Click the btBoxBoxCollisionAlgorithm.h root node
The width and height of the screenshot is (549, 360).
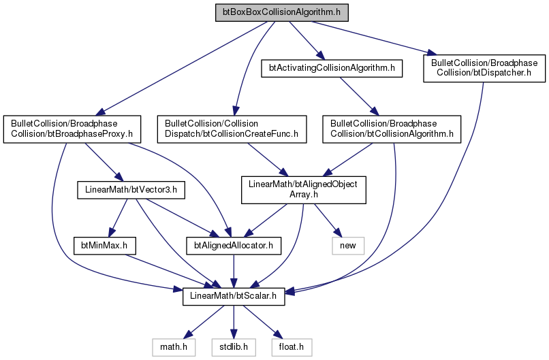[x=282, y=13]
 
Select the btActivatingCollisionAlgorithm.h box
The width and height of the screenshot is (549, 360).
[x=332, y=68]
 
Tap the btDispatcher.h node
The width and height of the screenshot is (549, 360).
[x=484, y=68]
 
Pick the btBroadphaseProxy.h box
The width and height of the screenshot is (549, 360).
[x=72, y=129]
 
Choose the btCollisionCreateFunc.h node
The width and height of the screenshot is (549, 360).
[x=232, y=129]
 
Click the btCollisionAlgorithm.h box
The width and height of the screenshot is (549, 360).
[x=392, y=129]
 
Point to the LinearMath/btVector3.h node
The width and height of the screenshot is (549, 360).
[x=131, y=190]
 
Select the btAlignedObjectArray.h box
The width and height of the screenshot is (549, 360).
[x=304, y=190]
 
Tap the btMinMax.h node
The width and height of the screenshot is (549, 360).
[x=105, y=246]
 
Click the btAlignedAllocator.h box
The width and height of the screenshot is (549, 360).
[x=234, y=246]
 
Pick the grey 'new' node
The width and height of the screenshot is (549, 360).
[x=348, y=246]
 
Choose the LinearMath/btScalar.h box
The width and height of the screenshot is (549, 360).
[x=234, y=296]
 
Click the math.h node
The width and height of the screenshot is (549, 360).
[x=174, y=347]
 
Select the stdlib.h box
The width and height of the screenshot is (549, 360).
[x=234, y=347]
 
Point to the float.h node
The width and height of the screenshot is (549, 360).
[x=292, y=347]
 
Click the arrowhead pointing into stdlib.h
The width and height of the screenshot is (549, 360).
[x=234, y=334]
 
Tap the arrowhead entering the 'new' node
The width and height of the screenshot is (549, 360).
[x=338, y=233]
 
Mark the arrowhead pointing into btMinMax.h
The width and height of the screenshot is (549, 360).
[x=111, y=233]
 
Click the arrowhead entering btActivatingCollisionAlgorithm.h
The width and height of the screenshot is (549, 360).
[x=321, y=56]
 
